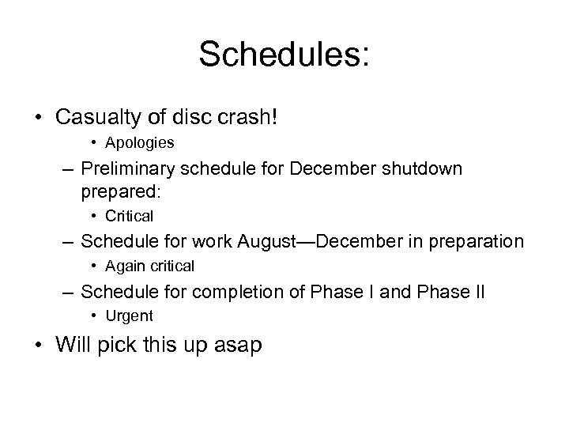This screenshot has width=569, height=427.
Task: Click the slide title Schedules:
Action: pos(284,55)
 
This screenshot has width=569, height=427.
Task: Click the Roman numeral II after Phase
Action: pos(479,292)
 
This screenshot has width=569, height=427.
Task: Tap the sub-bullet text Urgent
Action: pos(132,316)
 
